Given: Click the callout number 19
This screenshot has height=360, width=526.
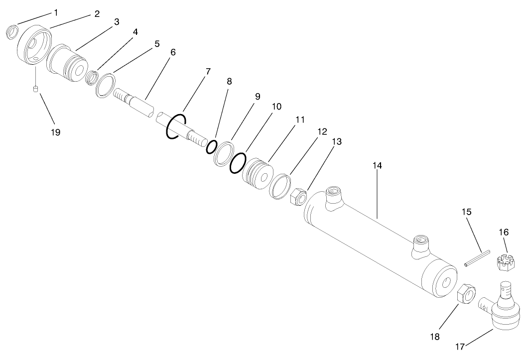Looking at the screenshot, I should click(x=55, y=132).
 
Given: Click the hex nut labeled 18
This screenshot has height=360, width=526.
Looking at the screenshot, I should click(x=467, y=293).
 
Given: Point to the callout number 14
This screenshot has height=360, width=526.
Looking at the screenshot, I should click(x=377, y=165).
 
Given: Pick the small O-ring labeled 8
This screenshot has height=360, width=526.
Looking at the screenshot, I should click(x=211, y=147).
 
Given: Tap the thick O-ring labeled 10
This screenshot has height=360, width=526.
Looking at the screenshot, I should click(x=238, y=163).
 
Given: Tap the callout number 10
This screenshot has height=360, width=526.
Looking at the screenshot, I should click(x=277, y=107).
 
